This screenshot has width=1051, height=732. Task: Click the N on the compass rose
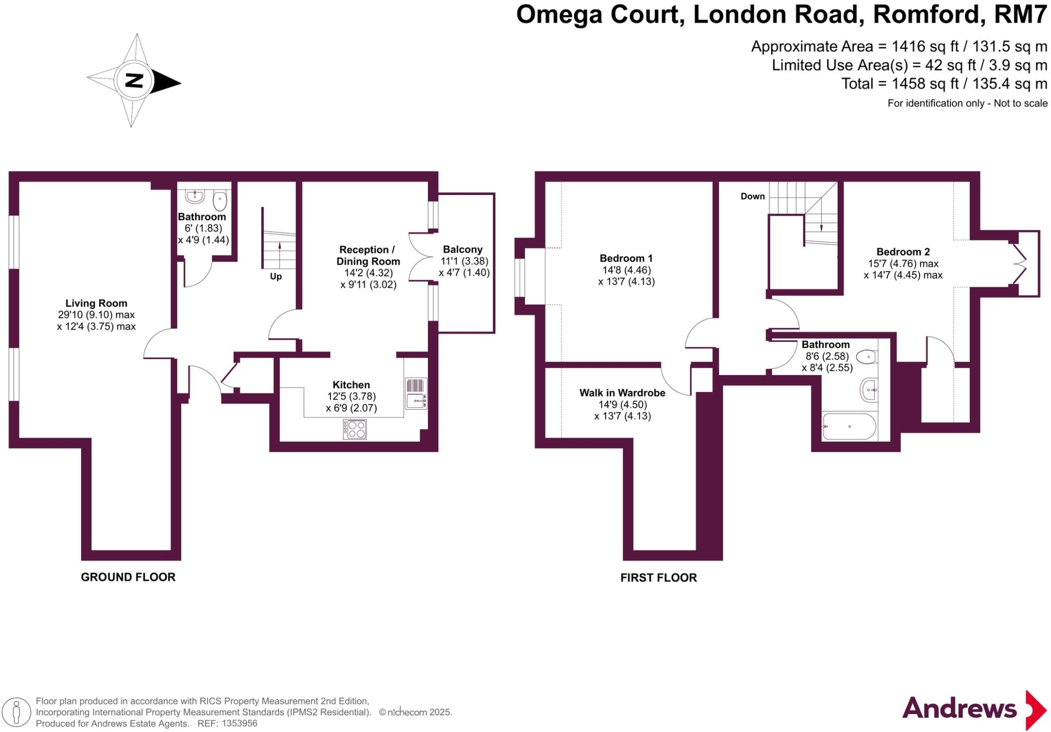pos(134,81)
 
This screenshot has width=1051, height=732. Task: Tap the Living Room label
pos(96,303)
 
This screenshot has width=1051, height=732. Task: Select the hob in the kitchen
pos(355,429)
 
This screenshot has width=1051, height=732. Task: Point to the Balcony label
pos(462,250)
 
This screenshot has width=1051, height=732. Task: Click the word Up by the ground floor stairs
pos(276,276)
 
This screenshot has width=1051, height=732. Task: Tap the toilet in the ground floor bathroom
pos(220,201)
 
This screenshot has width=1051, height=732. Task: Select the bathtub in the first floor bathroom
pos(849,426)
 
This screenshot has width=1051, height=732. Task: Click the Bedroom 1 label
pos(626,258)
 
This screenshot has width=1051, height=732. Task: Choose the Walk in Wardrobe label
pos(622,393)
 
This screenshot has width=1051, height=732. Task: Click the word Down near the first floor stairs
pos(752,196)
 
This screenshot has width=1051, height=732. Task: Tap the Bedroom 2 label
pos(903,252)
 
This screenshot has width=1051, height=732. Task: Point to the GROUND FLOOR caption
pos(128,577)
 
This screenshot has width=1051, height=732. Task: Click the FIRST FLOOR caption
pos(658,578)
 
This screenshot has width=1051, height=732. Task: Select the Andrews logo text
pos(959,709)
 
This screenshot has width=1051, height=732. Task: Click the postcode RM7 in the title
pos(1020,15)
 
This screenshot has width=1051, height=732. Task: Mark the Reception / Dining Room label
pos(367,255)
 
